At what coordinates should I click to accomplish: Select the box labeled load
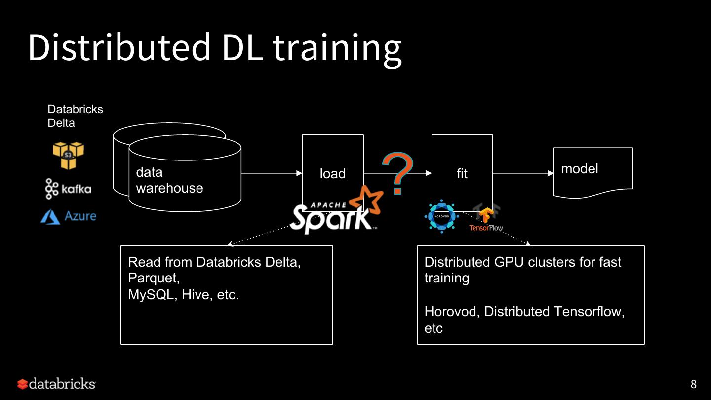pyautogui.click(x=332, y=163)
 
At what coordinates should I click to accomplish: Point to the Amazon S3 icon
pyautogui.click(x=68, y=155)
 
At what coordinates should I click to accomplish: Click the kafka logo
pyautogui.click(x=68, y=189)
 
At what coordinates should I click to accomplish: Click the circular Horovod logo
pyautogui.click(x=442, y=216)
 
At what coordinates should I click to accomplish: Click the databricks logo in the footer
pyautogui.click(x=56, y=384)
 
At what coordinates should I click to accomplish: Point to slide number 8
pyautogui.click(x=693, y=384)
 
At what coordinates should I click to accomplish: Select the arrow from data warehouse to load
pyautogui.click(x=272, y=173)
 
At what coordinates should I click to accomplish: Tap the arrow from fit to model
pyautogui.click(x=523, y=173)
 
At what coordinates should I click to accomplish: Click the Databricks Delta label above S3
pyautogui.click(x=75, y=116)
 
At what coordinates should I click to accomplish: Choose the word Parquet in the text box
pyautogui.click(x=153, y=278)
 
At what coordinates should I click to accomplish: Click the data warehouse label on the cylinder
pyautogui.click(x=169, y=180)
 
